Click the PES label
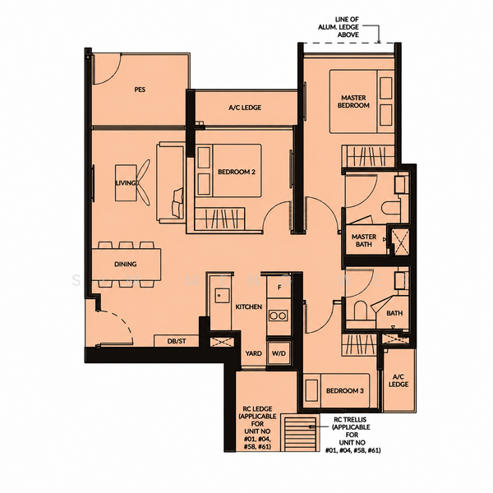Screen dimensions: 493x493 [140, 90]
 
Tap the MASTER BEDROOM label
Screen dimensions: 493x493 [353, 102]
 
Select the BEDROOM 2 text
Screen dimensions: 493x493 [237, 172]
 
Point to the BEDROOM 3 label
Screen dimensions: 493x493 [345, 391]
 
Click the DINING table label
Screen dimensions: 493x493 [126, 264]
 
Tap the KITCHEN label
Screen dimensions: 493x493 [249, 306]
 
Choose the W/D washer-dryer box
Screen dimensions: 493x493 [279, 353]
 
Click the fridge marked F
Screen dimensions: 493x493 [279, 287]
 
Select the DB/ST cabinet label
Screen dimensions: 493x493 [177, 341]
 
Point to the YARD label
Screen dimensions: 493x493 [253, 353]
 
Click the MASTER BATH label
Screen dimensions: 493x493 [364, 240]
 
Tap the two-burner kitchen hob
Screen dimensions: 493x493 [279, 316]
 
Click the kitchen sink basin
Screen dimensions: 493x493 [222, 296]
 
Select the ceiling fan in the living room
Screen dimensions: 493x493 [143, 182]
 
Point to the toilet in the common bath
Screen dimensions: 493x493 [361, 311]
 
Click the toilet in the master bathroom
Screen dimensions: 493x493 [391, 208]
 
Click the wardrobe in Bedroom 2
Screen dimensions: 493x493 [219, 218]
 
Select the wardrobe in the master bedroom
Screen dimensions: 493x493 [368, 156]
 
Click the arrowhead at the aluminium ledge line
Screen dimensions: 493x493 [379, 41]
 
